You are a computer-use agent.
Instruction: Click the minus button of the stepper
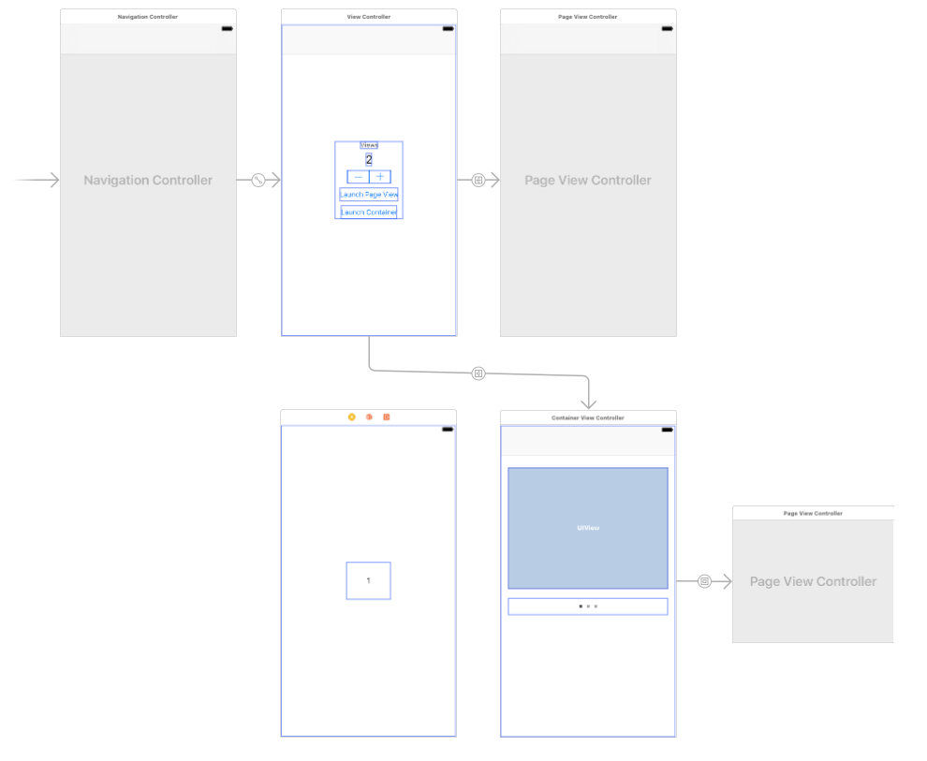[x=358, y=177]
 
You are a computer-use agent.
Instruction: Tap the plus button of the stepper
[x=380, y=177]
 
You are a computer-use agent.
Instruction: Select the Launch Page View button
[x=369, y=195]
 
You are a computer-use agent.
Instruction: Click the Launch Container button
[x=369, y=212]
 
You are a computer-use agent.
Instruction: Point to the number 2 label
[x=369, y=160]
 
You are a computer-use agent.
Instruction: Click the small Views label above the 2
[x=369, y=145]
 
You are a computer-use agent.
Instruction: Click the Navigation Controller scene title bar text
[x=148, y=17]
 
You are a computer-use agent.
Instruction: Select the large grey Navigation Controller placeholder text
[x=148, y=181]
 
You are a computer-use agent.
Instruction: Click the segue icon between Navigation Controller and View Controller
[x=258, y=181]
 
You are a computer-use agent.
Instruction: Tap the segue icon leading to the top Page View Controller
[x=478, y=181]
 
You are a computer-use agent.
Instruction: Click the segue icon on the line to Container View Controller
[x=478, y=373]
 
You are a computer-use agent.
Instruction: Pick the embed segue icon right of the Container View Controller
[x=705, y=581]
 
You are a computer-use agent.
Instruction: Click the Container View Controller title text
[x=588, y=417]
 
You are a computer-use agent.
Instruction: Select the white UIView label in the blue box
[x=588, y=528]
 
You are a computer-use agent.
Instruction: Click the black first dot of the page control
[x=581, y=607]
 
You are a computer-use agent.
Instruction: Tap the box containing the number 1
[x=368, y=580]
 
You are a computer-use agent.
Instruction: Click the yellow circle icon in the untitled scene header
[x=352, y=417]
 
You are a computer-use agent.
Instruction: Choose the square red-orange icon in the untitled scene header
[x=386, y=417]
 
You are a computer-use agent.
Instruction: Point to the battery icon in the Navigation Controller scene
[x=227, y=29]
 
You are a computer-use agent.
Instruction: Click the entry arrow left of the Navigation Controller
[x=37, y=181]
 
